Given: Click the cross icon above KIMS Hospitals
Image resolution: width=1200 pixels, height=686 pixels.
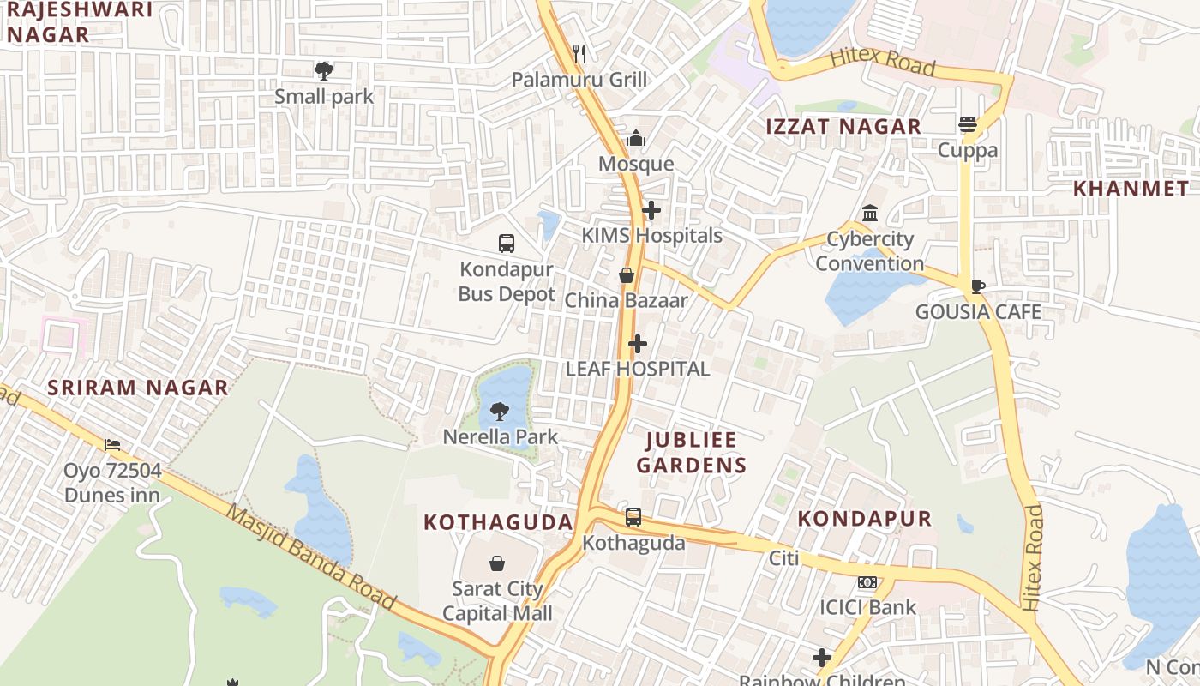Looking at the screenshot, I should click(x=651, y=209).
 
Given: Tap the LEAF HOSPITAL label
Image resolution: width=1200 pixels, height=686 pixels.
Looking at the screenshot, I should click(x=638, y=369).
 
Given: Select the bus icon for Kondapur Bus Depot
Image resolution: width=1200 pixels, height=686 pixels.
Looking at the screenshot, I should click(x=507, y=244).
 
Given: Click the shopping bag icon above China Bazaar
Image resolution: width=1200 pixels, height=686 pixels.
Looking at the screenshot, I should click(x=627, y=275).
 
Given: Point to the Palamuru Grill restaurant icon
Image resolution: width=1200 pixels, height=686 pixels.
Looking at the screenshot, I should click(x=579, y=53).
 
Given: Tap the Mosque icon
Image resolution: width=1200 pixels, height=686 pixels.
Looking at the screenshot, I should click(x=636, y=138).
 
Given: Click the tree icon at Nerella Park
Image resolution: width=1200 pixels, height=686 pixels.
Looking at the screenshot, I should click(x=500, y=412).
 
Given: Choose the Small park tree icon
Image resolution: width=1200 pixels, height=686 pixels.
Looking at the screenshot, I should click(x=324, y=71).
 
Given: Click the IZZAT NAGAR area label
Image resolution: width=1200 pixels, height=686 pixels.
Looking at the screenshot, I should click(x=843, y=127).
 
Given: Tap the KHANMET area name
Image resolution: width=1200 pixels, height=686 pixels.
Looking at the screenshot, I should click(x=1131, y=189).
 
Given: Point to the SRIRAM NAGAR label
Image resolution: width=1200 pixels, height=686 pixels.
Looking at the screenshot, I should click(x=138, y=388).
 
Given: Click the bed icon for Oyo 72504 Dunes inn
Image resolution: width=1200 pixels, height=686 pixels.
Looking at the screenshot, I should click(x=112, y=445).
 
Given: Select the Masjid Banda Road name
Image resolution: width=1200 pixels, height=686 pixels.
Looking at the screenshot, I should click(x=311, y=557).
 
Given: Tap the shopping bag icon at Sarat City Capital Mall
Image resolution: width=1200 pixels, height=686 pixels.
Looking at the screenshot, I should click(x=496, y=563).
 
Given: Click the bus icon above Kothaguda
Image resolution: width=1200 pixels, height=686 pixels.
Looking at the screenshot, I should click(x=633, y=517).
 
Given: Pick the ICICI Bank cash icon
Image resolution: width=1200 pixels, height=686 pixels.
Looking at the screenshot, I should click(x=867, y=583).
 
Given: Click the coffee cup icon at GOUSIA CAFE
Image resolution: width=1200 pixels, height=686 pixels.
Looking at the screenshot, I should click(x=978, y=286).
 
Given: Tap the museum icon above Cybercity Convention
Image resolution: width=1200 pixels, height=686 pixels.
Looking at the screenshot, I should click(x=870, y=213).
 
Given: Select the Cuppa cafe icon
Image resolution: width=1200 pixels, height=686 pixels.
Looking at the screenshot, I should click(x=968, y=124).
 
